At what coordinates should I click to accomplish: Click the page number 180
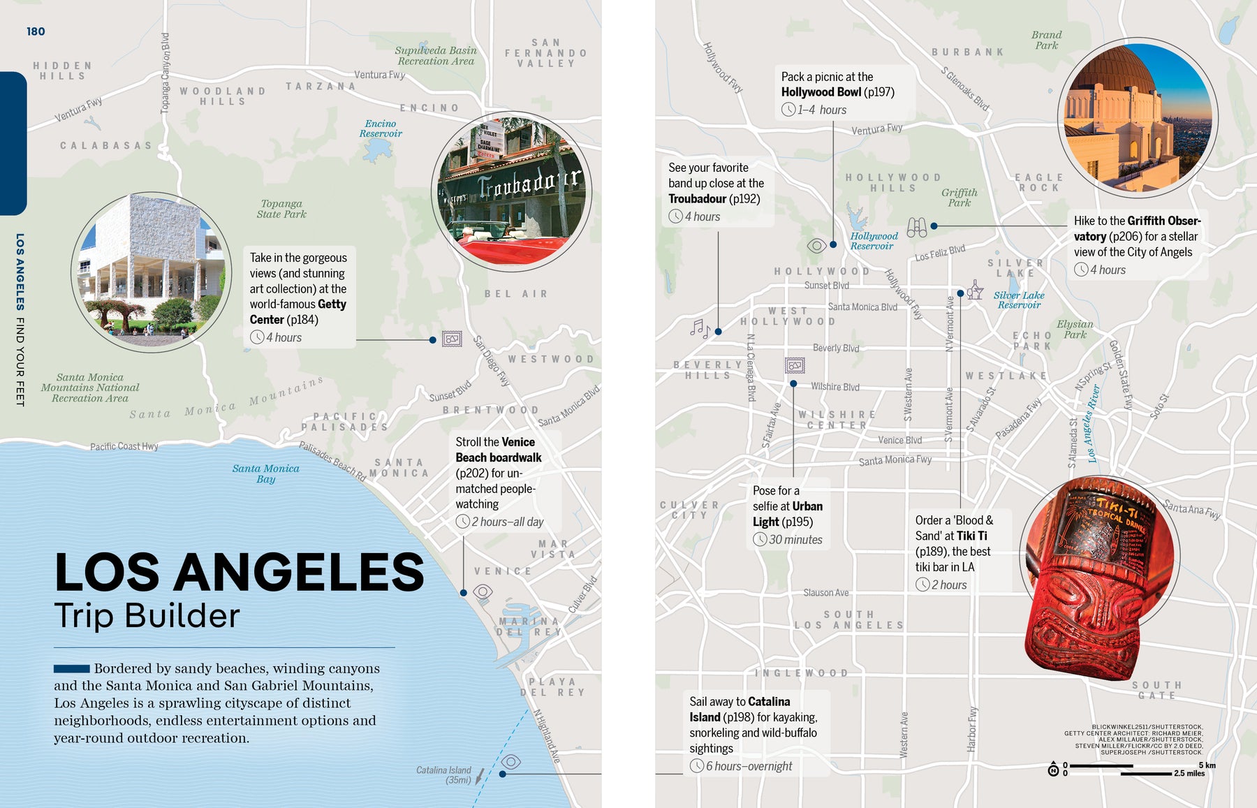click(36, 31)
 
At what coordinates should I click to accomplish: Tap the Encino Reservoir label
click(381, 128)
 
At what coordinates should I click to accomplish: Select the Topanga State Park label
click(281, 209)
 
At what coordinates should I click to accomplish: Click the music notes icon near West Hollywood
click(700, 328)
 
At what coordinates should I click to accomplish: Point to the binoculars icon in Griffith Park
click(916, 227)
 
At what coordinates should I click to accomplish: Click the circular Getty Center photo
click(151, 272)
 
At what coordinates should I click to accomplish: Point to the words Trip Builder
click(147, 616)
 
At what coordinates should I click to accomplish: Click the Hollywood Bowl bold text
click(821, 92)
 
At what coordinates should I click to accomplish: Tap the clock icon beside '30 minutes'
click(760, 539)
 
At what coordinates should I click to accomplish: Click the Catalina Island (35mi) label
click(444, 774)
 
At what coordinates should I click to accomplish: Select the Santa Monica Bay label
click(265, 473)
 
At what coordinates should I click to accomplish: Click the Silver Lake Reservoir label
click(1019, 300)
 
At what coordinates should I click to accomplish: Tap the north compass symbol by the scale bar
click(1053, 770)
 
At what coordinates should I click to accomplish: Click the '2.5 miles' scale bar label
click(1189, 774)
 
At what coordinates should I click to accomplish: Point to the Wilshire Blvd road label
click(835, 387)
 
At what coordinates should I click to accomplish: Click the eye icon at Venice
click(483, 592)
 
